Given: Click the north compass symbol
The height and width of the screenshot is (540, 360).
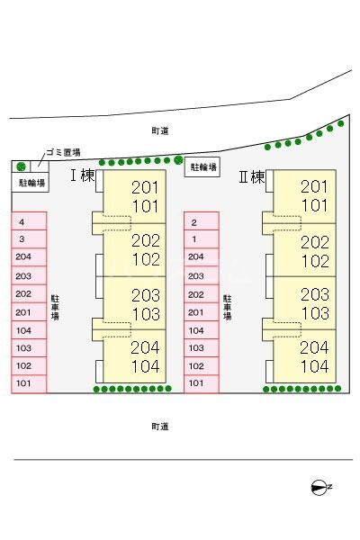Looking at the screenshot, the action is tap(319, 487).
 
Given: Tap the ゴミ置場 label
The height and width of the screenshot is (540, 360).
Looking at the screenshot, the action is tap(63, 153).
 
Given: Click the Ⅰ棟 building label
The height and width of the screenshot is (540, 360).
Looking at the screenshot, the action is tap(83, 175).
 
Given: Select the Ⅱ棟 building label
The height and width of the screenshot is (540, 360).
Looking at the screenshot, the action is tap(252, 177).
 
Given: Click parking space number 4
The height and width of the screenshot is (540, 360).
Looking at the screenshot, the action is tap(29, 221).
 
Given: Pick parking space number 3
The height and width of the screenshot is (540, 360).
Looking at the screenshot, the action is tap(29, 239).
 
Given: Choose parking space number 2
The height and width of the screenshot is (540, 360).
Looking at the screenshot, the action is tap(202, 221).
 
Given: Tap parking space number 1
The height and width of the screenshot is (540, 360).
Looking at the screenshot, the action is tap(202, 239).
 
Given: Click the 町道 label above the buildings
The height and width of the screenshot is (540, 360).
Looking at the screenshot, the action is tap(160, 130).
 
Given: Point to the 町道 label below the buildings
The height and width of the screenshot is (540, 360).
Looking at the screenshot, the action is tap(160, 427).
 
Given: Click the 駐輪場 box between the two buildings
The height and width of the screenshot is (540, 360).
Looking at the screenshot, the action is tap(202, 167).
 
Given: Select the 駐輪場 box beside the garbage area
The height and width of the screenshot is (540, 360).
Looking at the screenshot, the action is tap(31, 182).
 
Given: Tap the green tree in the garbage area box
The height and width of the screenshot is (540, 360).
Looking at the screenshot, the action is tap(22, 166).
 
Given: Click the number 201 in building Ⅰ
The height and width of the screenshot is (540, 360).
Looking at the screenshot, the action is tap(146, 187).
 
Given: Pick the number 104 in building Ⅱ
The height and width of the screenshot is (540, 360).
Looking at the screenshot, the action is tap(315, 366).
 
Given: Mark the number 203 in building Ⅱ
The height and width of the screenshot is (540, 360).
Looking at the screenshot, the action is tap(315, 294).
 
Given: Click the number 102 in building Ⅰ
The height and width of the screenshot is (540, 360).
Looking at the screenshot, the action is tap(146, 259).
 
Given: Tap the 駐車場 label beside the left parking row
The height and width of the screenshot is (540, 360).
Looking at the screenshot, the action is tap(55, 308).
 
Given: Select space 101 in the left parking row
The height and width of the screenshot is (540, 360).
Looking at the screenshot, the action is tap(29, 383).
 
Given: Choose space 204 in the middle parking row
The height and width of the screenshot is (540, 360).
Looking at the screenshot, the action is tap(202, 256).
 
